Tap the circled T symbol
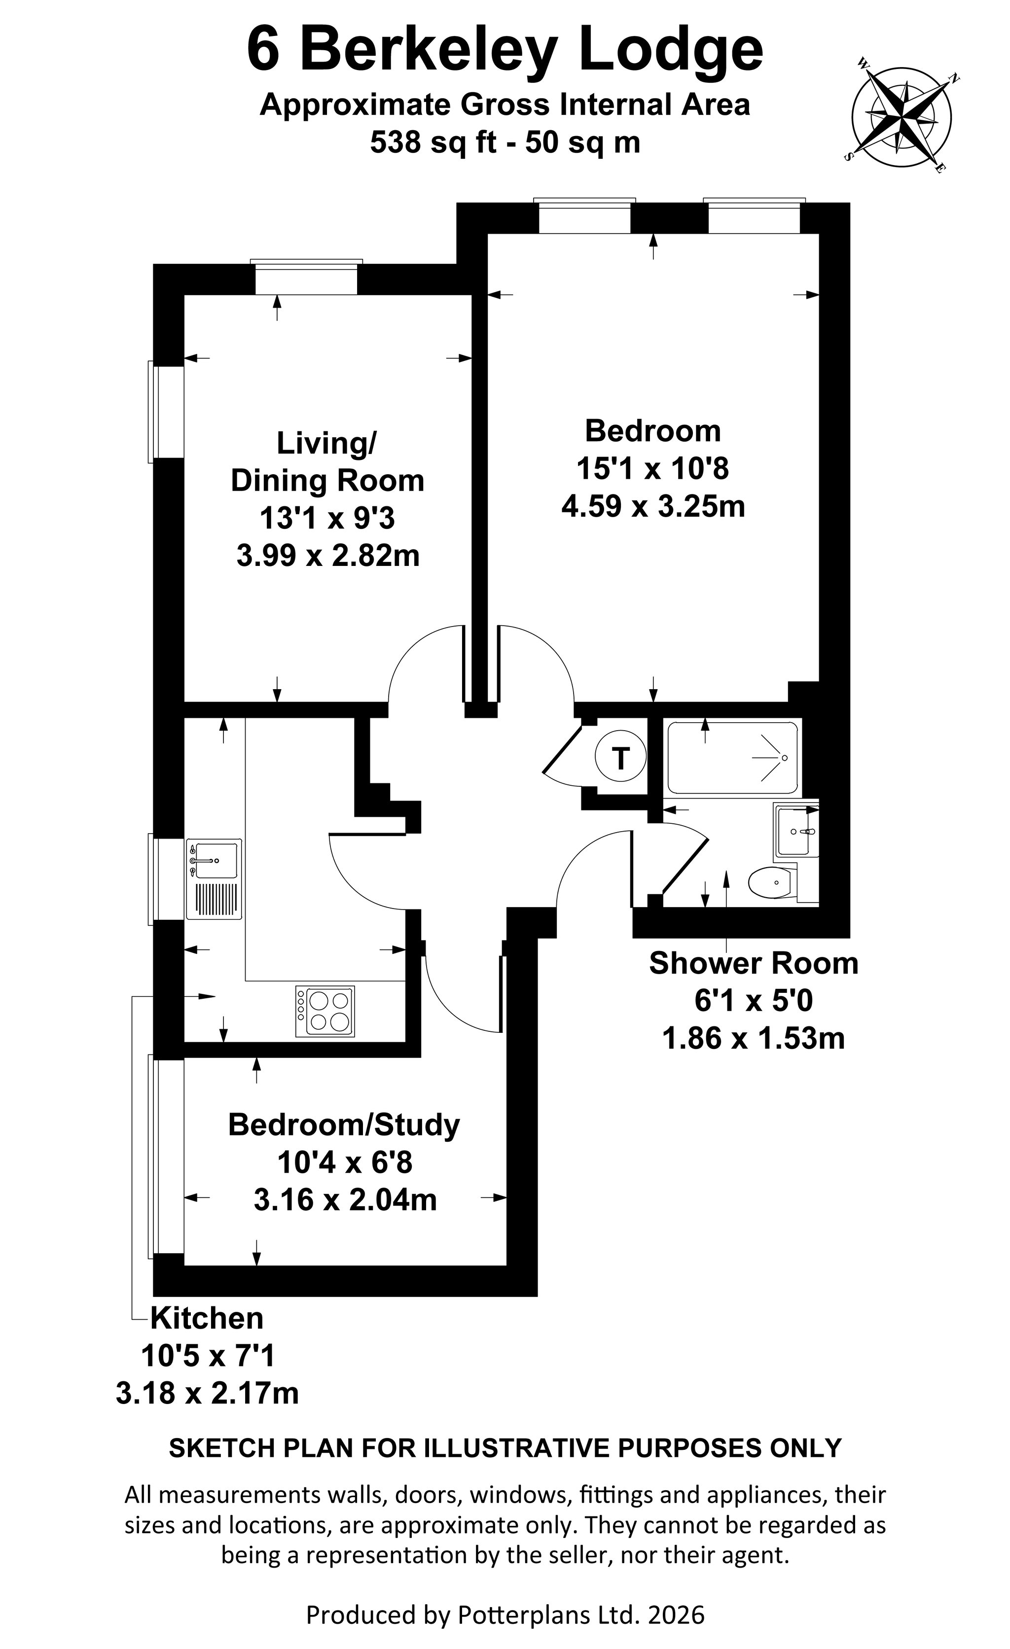pyautogui.click(x=620, y=758)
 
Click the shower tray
pyautogui.click(x=732, y=757)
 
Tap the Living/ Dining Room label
pyautogui.click(x=327, y=462)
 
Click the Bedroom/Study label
pyautogui.click(x=344, y=1125)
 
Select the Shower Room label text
pyautogui.click(x=754, y=964)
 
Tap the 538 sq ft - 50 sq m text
pyautogui.click(x=505, y=142)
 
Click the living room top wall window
pyautogui.click(x=307, y=277)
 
